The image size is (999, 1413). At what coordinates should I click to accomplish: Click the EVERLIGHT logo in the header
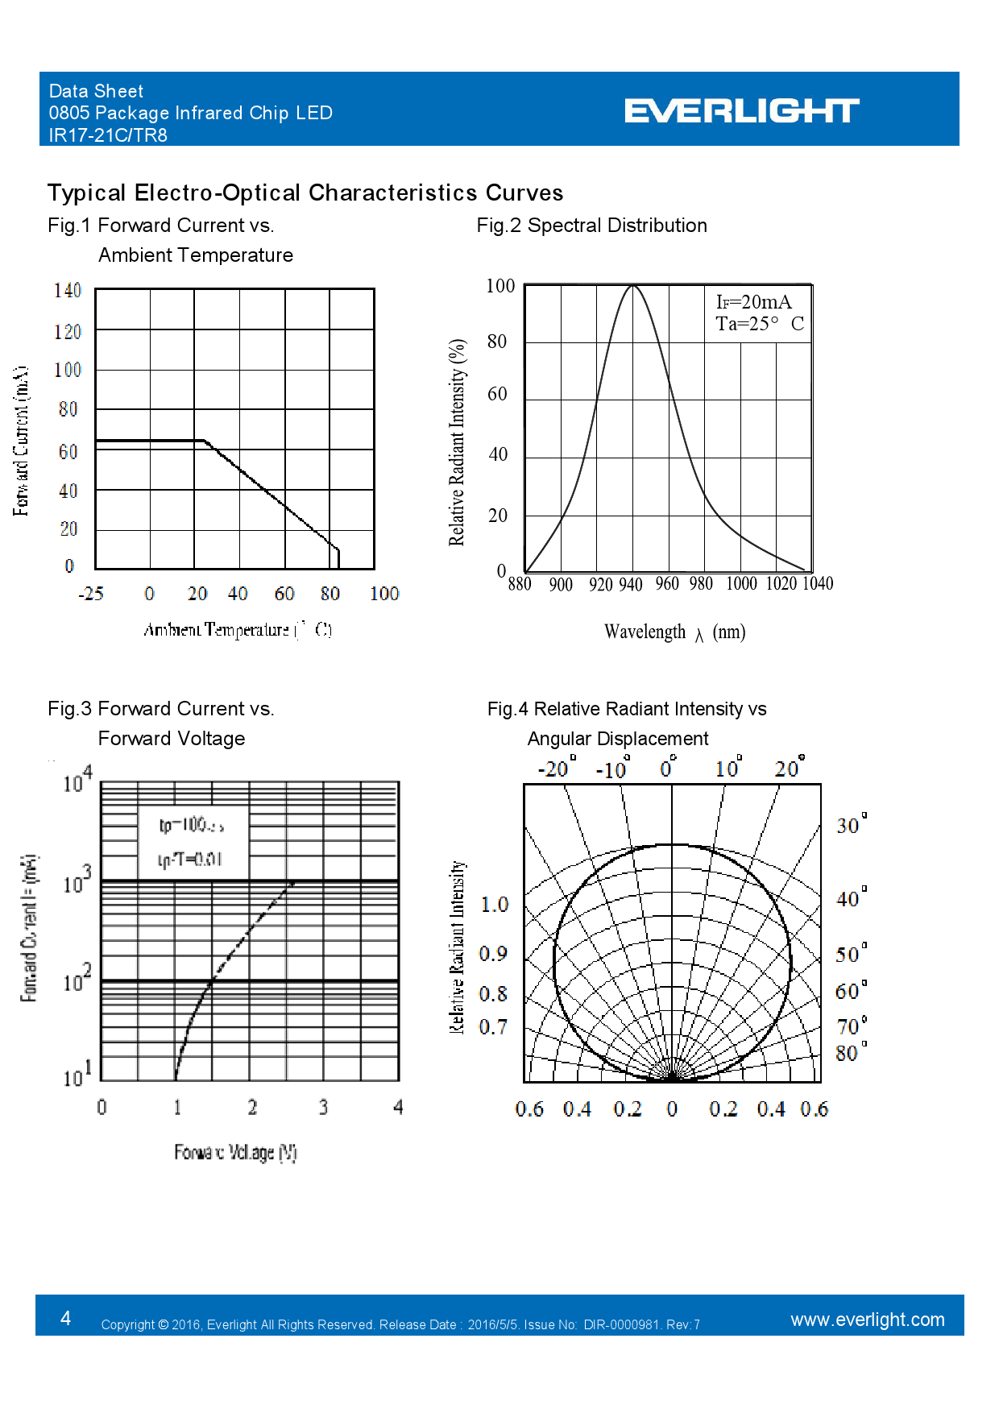(x=741, y=110)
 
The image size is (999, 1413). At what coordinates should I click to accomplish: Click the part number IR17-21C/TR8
(x=108, y=135)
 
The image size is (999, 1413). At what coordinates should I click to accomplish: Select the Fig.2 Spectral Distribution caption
(x=591, y=226)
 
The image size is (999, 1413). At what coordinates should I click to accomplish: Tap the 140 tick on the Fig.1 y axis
(x=68, y=291)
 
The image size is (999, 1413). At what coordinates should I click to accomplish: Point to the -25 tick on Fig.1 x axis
(x=91, y=595)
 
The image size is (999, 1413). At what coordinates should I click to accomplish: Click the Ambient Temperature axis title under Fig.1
(x=237, y=629)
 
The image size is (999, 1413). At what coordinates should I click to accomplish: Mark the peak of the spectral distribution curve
(x=633, y=285)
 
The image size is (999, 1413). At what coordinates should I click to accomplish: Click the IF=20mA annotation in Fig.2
(x=753, y=302)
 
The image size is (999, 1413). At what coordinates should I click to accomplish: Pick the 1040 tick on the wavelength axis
(x=817, y=583)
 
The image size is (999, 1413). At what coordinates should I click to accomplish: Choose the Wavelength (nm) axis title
(x=674, y=632)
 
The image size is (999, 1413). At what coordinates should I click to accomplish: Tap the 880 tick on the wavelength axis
(x=520, y=584)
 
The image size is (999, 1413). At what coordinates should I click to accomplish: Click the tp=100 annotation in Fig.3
(x=191, y=825)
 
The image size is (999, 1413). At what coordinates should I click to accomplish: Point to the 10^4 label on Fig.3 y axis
(x=77, y=780)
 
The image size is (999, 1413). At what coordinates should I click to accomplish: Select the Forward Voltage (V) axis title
(x=235, y=1153)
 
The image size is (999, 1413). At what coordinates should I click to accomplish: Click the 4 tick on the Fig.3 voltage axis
(x=398, y=1108)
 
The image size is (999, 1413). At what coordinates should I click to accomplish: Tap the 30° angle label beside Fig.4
(x=851, y=825)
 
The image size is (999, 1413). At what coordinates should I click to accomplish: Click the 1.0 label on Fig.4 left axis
(x=494, y=905)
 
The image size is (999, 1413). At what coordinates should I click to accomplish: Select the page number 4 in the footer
(x=66, y=1318)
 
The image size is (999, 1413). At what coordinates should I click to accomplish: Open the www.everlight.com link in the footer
(x=867, y=1320)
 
